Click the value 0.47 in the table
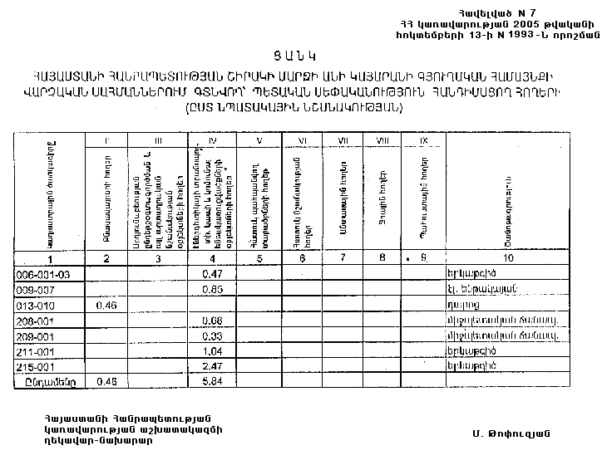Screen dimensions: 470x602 click(214, 273)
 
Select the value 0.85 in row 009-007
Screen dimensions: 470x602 click(214, 289)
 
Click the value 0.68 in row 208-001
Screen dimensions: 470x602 click(214, 321)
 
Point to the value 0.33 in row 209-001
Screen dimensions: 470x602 click(214, 335)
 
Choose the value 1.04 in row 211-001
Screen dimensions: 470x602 click(214, 350)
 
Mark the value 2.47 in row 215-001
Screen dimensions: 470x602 click(214, 365)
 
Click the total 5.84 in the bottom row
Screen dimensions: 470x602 click(214, 381)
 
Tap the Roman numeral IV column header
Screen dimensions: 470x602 click(214, 140)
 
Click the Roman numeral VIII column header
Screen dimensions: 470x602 click(382, 140)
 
